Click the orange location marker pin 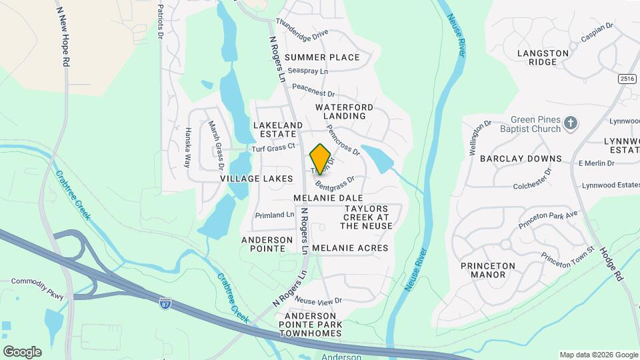click(x=321, y=159)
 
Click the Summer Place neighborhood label click(x=322, y=57)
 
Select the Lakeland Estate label click(x=278, y=129)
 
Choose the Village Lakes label click(x=257, y=179)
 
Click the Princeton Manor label click(x=488, y=270)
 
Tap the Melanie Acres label click(x=350, y=248)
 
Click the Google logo click(x=22, y=352)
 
